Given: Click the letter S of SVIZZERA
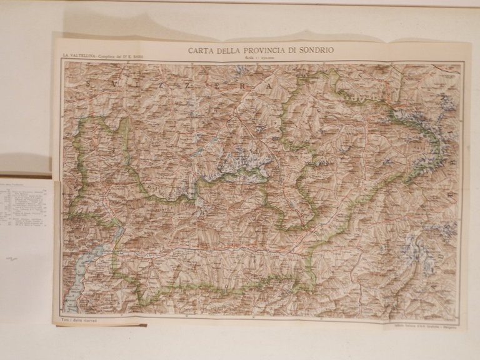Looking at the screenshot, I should click(x=90, y=82).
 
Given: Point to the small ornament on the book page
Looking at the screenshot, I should click(x=11, y=258).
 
